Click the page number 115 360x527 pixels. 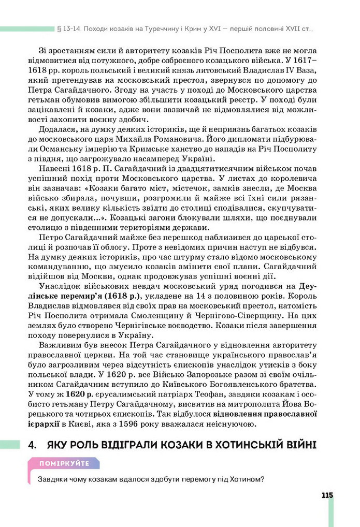tap(326, 495)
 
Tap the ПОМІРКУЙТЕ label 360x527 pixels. tap(66, 463)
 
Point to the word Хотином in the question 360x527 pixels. tap(246, 479)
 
